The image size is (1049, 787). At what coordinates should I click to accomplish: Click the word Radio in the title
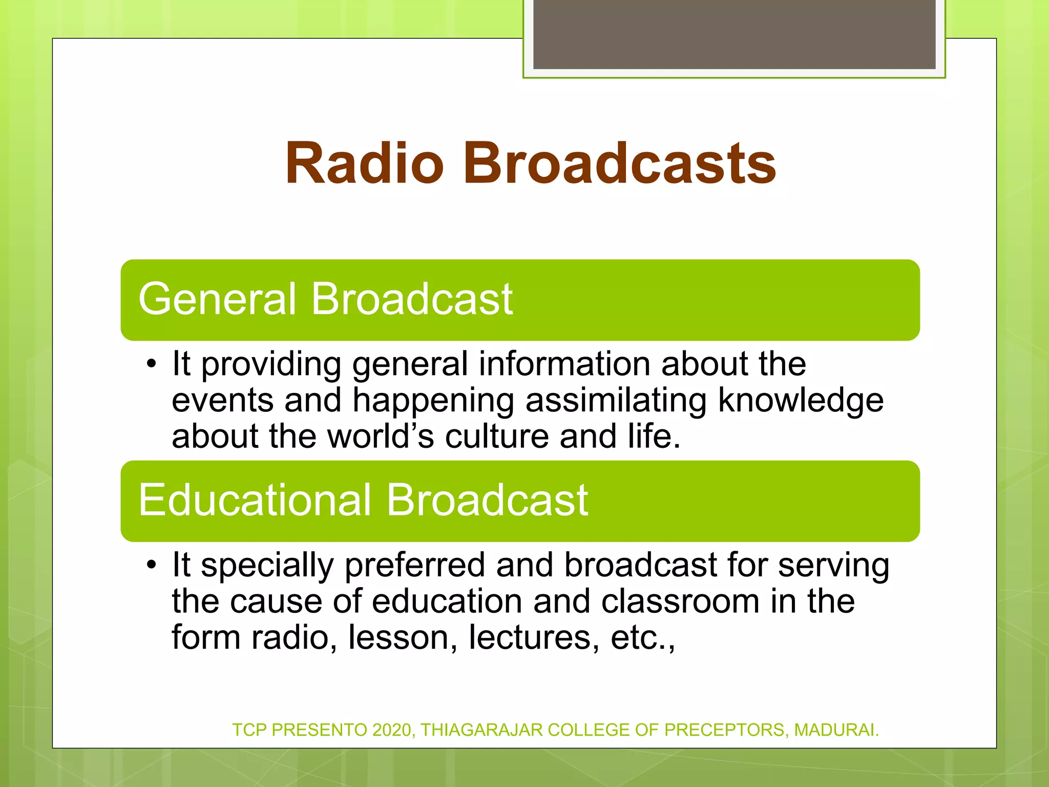pos(364,163)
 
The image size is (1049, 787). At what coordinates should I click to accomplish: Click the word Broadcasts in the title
pos(620,163)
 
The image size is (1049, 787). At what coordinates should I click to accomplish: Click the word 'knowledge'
pos(801,401)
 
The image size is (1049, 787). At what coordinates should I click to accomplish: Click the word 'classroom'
pos(680,602)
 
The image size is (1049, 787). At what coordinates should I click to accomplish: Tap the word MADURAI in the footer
pos(836,730)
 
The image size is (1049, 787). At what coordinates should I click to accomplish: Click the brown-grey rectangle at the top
pos(734,34)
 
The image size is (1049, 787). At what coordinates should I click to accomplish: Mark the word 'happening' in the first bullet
pos(433,401)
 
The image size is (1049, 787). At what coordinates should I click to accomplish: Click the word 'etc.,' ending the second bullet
pos(643,638)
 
